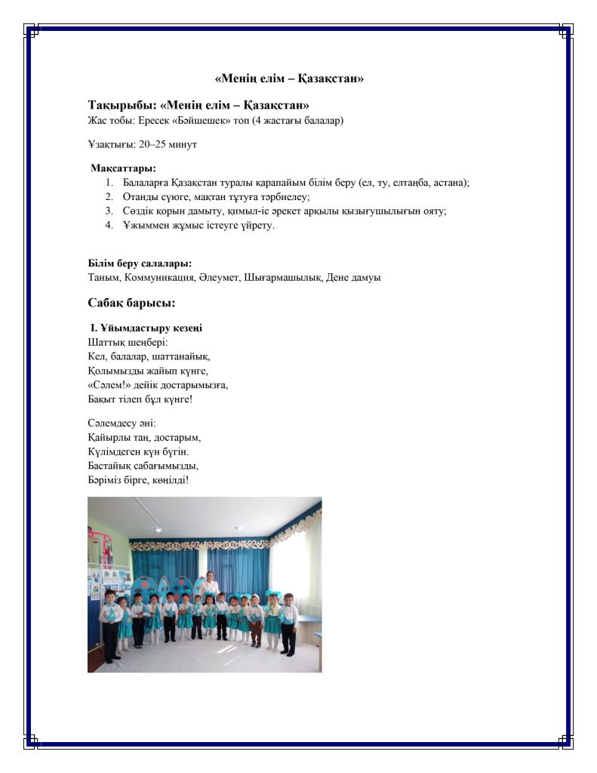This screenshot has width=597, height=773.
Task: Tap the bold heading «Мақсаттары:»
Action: (124, 168)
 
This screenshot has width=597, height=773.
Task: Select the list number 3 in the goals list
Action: (109, 211)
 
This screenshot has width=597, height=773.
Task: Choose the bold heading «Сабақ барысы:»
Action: (131, 303)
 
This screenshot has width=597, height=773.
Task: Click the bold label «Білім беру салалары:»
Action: (140, 263)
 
